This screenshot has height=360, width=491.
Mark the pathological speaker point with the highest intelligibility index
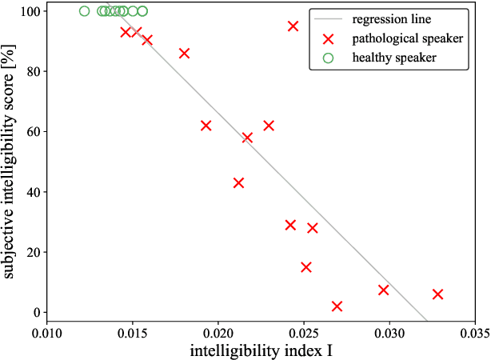pos(437,294)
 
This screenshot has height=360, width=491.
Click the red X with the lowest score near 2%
pos(337,306)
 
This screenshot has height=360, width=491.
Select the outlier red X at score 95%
pos(293,26)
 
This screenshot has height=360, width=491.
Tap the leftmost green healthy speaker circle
pos(85,11)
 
